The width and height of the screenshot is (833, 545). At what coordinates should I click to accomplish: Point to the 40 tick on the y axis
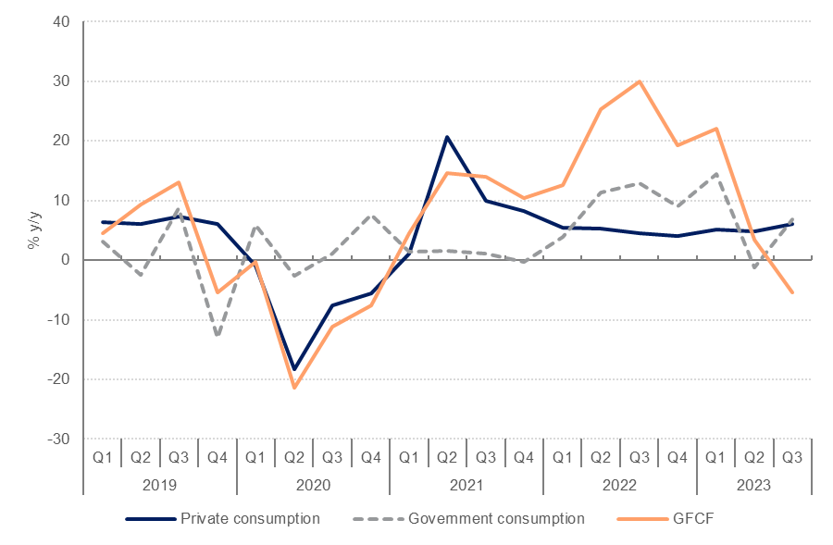point(62,22)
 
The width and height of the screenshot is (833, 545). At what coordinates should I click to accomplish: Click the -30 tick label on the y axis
point(59,439)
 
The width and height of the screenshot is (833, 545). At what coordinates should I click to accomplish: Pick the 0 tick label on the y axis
point(66,260)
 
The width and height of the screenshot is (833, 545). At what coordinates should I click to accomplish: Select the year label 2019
point(159,483)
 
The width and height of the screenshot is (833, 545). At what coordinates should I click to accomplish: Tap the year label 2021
point(466,483)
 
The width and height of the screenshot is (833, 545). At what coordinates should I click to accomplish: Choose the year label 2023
point(754,483)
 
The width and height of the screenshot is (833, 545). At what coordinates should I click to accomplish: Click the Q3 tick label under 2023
point(792,456)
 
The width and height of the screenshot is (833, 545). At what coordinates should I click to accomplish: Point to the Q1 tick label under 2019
point(102,456)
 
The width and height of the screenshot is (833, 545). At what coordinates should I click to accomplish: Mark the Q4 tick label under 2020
point(370,456)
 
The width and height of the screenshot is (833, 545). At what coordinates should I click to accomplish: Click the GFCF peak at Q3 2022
point(639,81)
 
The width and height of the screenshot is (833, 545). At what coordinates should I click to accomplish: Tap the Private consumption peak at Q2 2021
point(447,137)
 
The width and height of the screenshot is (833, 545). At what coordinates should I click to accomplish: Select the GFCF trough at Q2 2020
point(294,387)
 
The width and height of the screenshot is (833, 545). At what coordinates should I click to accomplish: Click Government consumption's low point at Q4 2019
point(218,335)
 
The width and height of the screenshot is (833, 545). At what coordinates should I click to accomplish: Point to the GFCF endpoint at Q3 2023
point(792,292)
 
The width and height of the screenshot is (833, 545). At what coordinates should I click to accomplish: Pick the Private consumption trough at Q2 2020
point(294,369)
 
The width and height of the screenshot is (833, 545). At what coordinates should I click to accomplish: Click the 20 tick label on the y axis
point(62,141)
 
